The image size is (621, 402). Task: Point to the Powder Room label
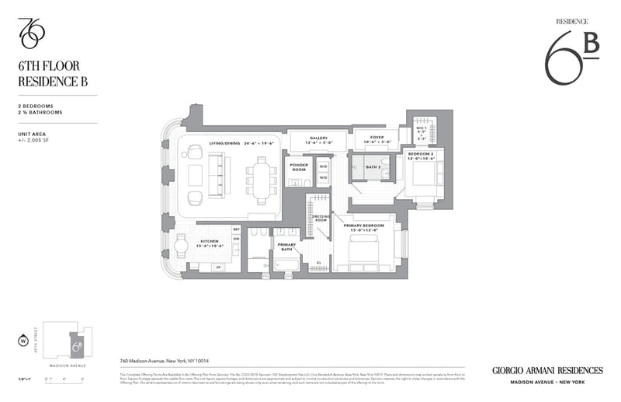299,167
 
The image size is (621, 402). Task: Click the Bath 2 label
372,166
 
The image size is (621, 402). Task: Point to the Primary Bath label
286,246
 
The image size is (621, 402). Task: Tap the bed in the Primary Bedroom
365,253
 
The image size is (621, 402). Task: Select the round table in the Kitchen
180,247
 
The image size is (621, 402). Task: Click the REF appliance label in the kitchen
236,229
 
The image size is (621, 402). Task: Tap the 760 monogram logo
32,32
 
